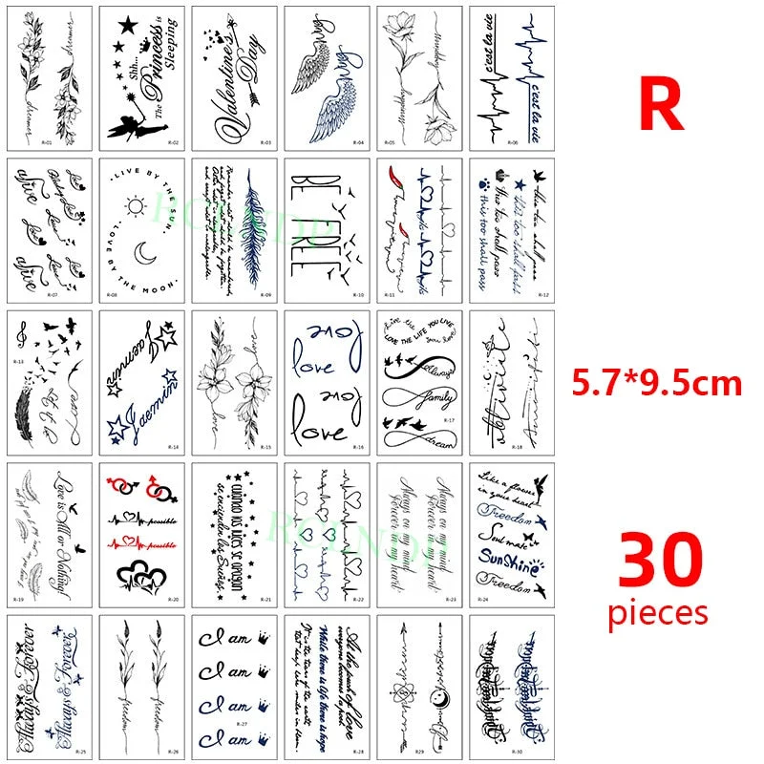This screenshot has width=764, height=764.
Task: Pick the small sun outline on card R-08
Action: (x=134, y=206)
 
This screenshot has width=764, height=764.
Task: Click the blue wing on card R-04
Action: (x=335, y=103)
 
